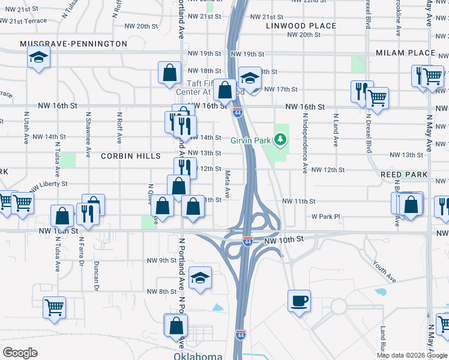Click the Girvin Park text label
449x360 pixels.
tap(251, 140)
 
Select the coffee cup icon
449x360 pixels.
tap(298, 300)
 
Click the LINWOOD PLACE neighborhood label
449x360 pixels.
tap(301, 26)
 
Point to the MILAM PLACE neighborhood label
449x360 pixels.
tap(405, 53)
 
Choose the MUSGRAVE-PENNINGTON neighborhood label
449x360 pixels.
tap(73, 44)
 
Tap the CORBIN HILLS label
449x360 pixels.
tap(130, 155)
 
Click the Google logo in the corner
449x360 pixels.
tap(20, 353)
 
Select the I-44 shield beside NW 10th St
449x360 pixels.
tap(247, 241)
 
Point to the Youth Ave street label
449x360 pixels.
tap(384, 271)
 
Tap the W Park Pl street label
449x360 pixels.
tap(325, 216)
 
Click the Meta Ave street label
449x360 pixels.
tap(228, 184)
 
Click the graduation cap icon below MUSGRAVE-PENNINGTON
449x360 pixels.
tap(39, 58)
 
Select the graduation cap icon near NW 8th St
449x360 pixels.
tap(200, 277)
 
